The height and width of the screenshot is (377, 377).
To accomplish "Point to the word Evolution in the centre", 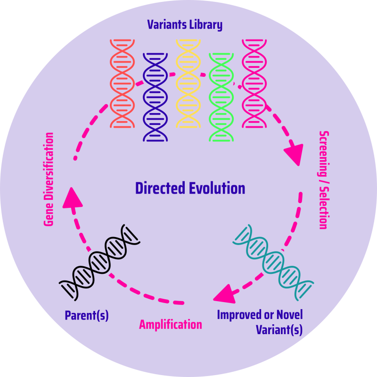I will click(x=219, y=188).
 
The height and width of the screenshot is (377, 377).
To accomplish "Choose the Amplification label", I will click(x=171, y=324).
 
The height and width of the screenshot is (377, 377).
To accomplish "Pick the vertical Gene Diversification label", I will click(x=49, y=179).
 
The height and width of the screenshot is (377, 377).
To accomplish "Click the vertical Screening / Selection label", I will click(x=323, y=180).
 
